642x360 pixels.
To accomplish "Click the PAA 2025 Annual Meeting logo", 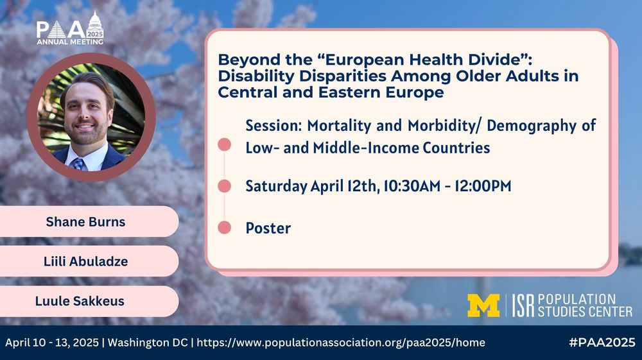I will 69,30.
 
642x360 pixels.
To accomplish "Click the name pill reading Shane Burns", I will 85,222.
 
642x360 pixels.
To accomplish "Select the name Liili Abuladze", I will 85,261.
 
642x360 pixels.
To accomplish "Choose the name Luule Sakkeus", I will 85,301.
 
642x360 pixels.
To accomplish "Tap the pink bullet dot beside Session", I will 225,144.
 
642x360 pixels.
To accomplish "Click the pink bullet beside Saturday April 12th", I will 225,186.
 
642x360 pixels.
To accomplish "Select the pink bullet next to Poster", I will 225,228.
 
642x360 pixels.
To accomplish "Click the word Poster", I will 268,228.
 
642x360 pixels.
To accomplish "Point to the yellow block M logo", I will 483,305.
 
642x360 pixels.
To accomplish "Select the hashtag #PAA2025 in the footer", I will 602,342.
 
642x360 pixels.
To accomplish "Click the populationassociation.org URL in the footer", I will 340,343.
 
